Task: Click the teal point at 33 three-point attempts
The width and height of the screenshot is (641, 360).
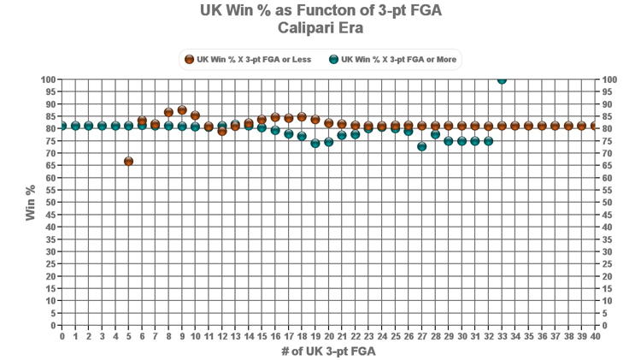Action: (x=502, y=80)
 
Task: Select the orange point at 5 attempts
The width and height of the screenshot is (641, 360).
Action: (x=128, y=161)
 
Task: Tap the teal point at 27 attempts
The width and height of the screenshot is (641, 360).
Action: (x=421, y=147)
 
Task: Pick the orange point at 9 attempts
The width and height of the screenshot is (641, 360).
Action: (x=182, y=110)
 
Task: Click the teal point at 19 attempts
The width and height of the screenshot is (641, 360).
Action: (x=315, y=144)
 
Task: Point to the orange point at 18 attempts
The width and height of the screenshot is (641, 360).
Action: (x=302, y=117)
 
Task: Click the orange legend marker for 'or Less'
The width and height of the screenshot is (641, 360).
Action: (x=189, y=60)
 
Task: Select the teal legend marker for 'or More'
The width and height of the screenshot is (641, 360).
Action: (x=333, y=60)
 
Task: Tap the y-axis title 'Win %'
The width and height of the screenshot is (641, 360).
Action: (x=31, y=203)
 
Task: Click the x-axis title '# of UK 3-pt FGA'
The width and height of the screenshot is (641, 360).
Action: (x=328, y=351)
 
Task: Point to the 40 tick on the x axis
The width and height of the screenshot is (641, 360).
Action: (x=595, y=337)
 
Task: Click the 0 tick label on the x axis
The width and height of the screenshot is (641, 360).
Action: (x=62, y=337)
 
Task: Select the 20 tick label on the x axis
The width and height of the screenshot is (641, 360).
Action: (x=328, y=337)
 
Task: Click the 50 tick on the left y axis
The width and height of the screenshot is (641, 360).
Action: (x=50, y=203)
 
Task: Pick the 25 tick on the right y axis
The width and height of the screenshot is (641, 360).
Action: (x=606, y=264)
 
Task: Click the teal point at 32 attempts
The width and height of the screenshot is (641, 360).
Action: (x=488, y=141)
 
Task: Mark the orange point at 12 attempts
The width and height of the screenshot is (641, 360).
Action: (x=222, y=131)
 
